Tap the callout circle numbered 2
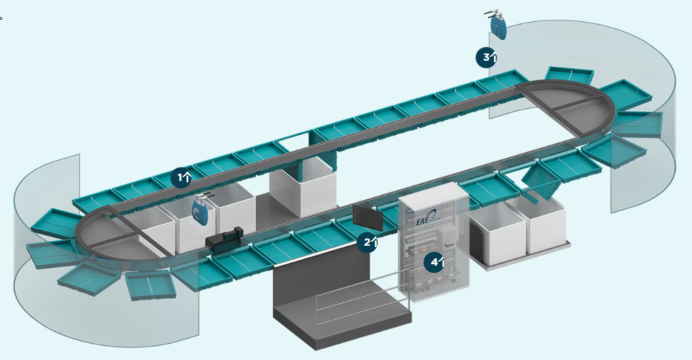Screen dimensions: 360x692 [x=368, y=242]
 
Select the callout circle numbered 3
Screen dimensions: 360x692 [x=487, y=57]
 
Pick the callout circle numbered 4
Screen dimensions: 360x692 [x=434, y=262]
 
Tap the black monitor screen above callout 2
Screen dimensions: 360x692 [x=367, y=216]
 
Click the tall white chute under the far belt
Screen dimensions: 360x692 [x=304, y=192]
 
